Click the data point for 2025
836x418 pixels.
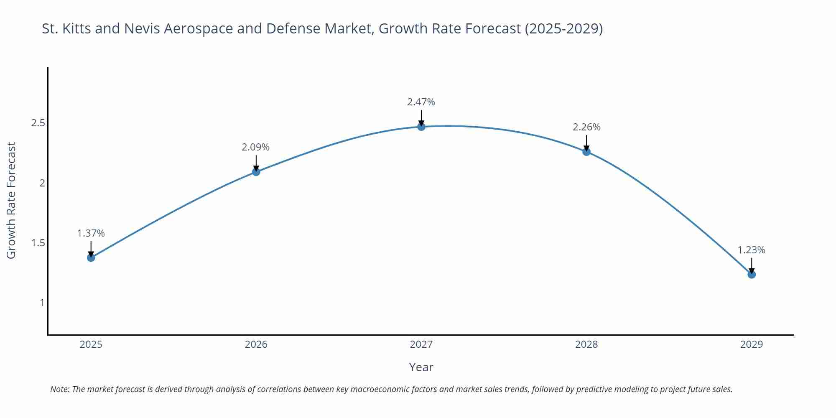[91, 257]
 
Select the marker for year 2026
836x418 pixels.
[256, 171]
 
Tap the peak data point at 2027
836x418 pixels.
[421, 126]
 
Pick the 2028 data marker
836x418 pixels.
[586, 151]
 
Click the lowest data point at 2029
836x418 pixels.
[752, 274]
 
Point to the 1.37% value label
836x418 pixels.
[91, 233]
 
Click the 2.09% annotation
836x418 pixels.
[255, 147]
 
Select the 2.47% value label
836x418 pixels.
[421, 102]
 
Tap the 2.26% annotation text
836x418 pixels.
[586, 127]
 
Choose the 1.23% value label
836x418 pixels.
[751, 250]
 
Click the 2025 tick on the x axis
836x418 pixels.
[91, 344]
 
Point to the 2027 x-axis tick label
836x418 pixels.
[421, 344]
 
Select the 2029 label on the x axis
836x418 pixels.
[752, 344]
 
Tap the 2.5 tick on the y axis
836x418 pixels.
[38, 123]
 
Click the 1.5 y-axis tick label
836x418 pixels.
[38, 243]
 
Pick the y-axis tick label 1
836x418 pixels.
[42, 303]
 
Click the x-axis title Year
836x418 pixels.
[421, 367]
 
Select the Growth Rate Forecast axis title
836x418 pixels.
[11, 200]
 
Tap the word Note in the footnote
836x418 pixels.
[59, 389]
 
